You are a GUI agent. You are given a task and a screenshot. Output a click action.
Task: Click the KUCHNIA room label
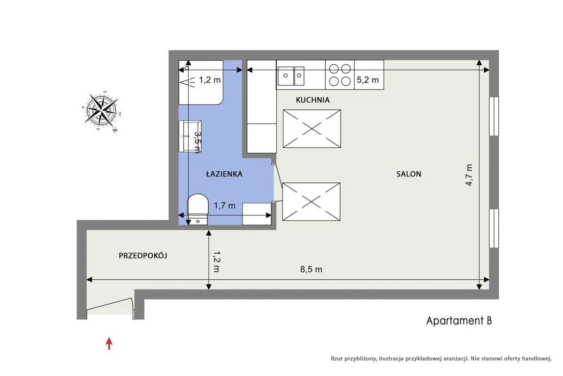tap(312, 100)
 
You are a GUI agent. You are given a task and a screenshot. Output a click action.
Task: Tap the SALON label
tap(409, 174)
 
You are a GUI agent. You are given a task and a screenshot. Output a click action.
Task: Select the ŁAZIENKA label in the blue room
tap(224, 174)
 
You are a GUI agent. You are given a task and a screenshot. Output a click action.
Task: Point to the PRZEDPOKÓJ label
tap(143, 255)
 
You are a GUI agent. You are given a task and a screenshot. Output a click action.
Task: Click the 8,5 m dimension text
tap(311, 269)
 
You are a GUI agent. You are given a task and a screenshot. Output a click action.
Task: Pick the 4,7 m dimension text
tap(469, 175)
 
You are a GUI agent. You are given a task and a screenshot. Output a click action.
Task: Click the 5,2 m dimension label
tap(367, 80)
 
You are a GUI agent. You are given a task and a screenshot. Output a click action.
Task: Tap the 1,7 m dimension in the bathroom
tap(224, 206)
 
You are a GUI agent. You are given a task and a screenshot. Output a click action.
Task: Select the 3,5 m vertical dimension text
tap(198, 142)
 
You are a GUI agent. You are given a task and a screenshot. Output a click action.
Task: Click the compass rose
tap(101, 111)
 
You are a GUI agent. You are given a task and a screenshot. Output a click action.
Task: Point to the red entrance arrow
tap(109, 344)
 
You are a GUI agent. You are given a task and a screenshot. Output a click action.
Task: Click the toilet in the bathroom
tap(198, 209)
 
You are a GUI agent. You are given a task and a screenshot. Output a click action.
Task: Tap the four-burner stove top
tap(340, 75)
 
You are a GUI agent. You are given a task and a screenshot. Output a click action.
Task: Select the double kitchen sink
tap(291, 76)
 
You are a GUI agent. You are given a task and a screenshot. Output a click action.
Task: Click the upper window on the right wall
tap(494, 116)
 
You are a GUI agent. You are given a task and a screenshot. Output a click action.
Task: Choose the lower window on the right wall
tap(494, 228)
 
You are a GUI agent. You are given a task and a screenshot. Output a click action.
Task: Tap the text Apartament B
tap(459, 321)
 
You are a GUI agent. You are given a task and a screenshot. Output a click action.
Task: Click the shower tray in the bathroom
tap(201, 82)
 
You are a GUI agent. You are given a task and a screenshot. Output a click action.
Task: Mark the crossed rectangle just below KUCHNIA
tap(312, 129)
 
